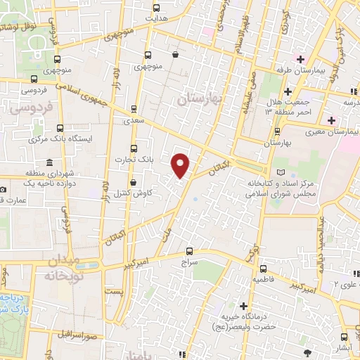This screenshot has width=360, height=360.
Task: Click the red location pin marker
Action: (181, 165)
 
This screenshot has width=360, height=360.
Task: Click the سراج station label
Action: (189, 262)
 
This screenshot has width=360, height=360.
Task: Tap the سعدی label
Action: (133, 121)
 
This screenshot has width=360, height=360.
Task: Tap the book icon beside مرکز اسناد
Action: (282, 172)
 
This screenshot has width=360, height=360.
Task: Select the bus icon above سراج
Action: (188, 250)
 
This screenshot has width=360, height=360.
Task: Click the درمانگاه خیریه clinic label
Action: (243, 319)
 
